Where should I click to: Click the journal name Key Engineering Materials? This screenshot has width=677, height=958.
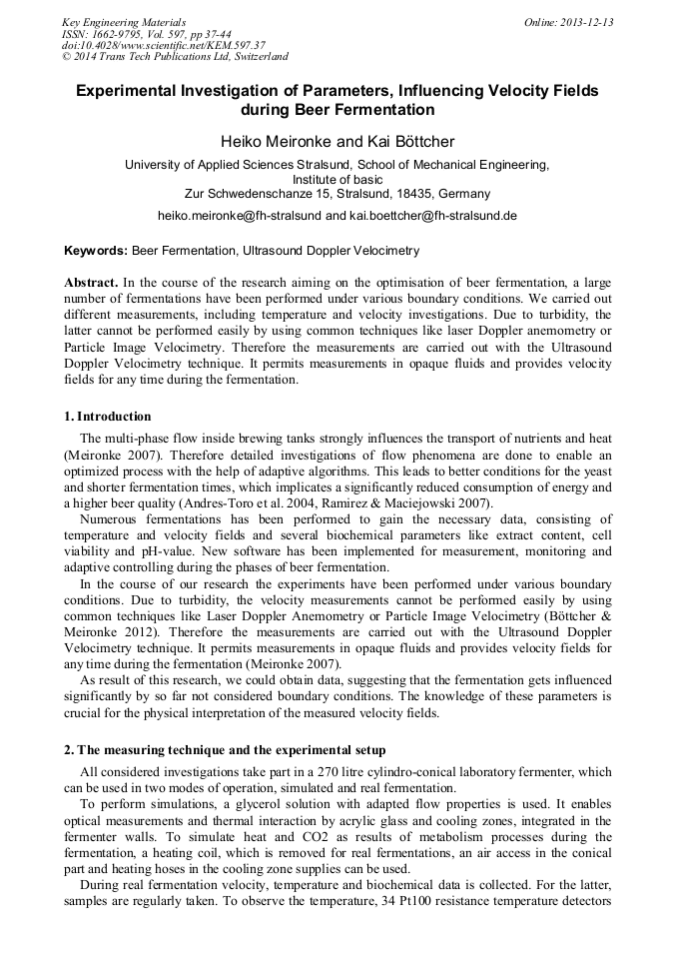(123, 22)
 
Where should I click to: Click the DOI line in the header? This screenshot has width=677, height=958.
(164, 45)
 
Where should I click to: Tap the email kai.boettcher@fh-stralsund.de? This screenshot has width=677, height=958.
(433, 215)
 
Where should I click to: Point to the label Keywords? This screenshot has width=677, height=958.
(96, 251)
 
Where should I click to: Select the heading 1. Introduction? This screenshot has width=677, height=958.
(108, 417)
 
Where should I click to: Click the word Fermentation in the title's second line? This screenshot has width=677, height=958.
(386, 109)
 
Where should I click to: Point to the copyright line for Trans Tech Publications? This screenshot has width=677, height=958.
(175, 57)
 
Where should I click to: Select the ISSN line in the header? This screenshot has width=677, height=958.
(146, 34)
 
